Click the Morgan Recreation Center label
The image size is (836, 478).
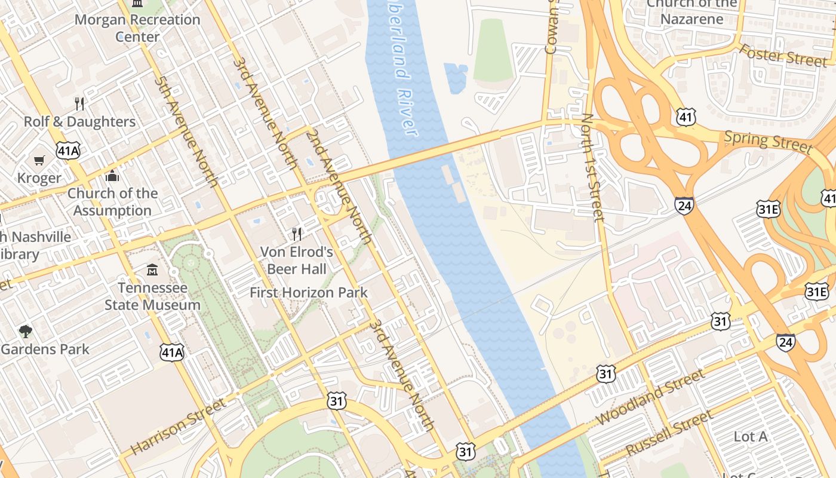137,27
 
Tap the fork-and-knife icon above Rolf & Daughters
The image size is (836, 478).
79,104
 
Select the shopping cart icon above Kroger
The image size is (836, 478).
39,160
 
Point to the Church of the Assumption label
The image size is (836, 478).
112,202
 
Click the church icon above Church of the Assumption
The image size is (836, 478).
112,176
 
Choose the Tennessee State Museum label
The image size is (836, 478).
152,296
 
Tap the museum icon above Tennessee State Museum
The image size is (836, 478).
152,270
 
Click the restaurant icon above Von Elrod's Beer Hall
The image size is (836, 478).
296,234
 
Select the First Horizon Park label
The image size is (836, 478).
309,293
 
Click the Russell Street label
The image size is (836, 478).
669,433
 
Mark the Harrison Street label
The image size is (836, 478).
179,426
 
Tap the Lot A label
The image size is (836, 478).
750,437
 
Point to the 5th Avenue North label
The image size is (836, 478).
186,131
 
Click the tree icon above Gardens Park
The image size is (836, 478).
25,331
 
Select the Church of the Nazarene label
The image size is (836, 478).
692,11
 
